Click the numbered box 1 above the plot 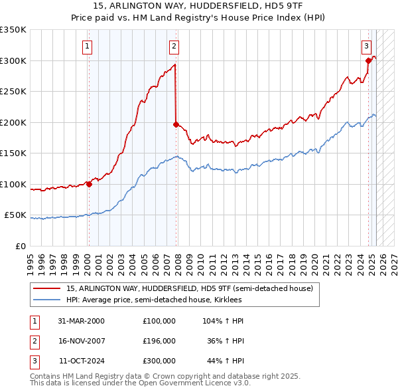pos(88,46)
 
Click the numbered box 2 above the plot pos(174,46)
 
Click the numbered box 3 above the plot pos(366,46)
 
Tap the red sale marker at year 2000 pos(89,184)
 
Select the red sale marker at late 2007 pos(176,124)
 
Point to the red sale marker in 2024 pos(368,60)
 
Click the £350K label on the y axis pos(13,30)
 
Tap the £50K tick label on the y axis pos(16,215)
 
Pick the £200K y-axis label pos(13,122)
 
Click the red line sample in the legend pos(47,288)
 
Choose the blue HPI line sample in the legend pos(47,300)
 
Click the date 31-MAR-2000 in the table pos(82,321)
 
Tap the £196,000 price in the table pos(159,341)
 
